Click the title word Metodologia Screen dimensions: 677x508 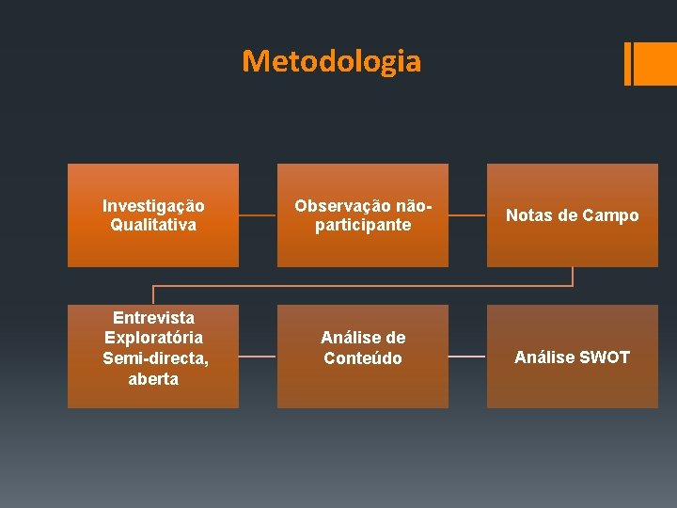331,61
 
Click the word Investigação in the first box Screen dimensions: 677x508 153,205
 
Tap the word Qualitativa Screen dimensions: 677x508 153,225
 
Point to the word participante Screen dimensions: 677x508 363,225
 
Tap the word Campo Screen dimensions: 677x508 610,215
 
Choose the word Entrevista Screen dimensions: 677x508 153,317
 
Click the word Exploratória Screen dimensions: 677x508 153,338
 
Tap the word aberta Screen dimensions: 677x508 153,379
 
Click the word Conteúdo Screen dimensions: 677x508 363,358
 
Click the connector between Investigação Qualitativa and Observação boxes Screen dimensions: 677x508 258,215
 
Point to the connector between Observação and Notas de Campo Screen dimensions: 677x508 467,215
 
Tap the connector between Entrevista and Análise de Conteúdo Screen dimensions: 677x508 258,357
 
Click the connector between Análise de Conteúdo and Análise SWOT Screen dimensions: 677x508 467,357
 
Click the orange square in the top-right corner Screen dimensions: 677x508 656,63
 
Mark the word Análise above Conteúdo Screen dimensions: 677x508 363,338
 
